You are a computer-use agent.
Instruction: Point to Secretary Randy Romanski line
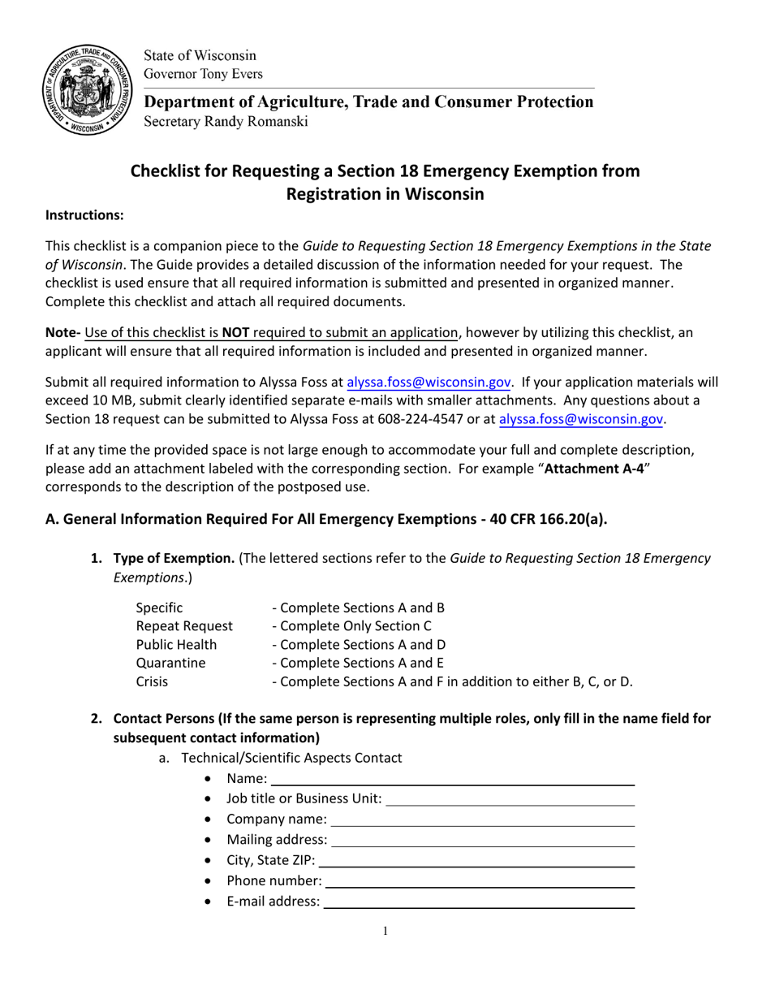point(226,122)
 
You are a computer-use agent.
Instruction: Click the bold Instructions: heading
point(84,215)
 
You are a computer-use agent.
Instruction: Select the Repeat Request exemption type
point(183,626)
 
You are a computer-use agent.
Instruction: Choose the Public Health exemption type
point(176,645)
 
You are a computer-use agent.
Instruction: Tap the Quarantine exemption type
point(170,664)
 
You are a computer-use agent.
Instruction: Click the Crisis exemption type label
point(152,682)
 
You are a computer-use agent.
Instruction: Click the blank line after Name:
point(451,781)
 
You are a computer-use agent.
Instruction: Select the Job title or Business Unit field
point(510,799)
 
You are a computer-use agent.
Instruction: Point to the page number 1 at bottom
point(385,932)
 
